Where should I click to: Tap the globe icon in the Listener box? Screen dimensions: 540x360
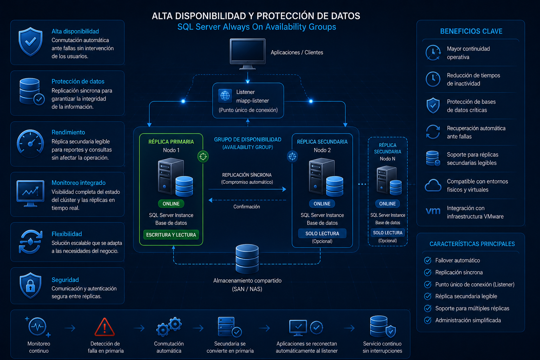(x=225, y=96)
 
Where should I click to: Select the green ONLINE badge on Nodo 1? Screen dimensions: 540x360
(x=171, y=204)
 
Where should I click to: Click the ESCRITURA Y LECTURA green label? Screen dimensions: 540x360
(x=171, y=235)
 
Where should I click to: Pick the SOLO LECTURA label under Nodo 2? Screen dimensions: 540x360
(x=322, y=233)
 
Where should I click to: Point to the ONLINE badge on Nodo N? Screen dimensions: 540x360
(x=387, y=204)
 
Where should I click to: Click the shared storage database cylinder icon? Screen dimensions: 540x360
(x=247, y=259)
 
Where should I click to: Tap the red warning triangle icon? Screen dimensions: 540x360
(x=105, y=327)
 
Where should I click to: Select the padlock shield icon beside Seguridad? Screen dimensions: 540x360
(x=30, y=285)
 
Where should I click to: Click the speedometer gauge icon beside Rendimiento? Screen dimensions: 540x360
(x=30, y=143)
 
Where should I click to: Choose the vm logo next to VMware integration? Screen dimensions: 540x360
(x=433, y=211)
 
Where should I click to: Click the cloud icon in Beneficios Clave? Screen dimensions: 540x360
(x=433, y=185)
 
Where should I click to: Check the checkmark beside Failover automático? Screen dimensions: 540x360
(x=427, y=261)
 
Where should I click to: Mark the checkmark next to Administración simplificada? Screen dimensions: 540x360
(x=427, y=320)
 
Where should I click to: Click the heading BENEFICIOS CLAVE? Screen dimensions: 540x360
(x=471, y=31)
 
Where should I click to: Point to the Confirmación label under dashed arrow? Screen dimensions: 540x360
(x=246, y=207)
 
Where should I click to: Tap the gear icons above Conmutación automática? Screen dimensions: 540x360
(x=169, y=327)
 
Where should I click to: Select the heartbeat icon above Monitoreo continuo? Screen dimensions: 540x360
(x=38, y=327)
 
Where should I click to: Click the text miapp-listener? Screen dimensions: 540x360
(x=252, y=101)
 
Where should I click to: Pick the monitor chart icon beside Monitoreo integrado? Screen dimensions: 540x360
(x=30, y=193)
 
